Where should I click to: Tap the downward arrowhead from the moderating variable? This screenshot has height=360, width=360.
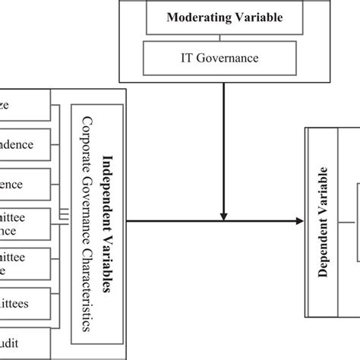pyautogui.click(x=224, y=213)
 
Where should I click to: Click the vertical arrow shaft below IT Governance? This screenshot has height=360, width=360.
pyautogui.click(x=224, y=144)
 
